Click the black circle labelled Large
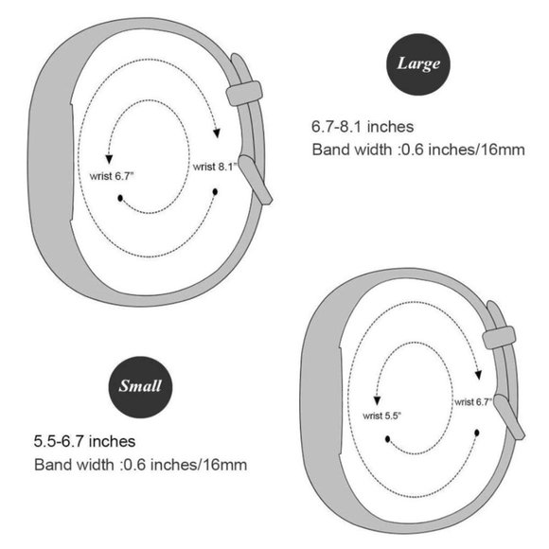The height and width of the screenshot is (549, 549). click(417, 64)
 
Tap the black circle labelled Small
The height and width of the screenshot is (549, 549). click(140, 387)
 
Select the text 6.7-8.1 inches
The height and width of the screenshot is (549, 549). click(363, 127)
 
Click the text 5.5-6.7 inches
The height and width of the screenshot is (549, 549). click(84, 441)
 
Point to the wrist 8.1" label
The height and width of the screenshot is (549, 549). click(215, 167)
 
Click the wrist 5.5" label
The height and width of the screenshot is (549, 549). click(381, 416)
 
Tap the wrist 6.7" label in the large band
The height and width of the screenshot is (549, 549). click(112, 176)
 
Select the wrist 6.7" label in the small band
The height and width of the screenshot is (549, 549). click(473, 402)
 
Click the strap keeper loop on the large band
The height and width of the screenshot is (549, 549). click(244, 93)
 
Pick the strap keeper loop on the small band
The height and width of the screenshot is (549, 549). click(499, 338)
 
